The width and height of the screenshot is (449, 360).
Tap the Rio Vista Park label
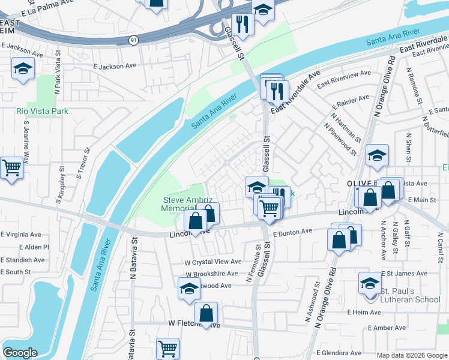tap(42, 111)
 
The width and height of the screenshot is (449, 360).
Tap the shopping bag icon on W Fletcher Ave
tap(206, 313)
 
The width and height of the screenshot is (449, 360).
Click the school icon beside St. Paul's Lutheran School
tap(370, 283)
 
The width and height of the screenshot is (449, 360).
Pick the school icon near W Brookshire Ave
tap(189, 289)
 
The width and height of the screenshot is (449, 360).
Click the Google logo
tap(20, 353)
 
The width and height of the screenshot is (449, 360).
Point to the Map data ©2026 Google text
tap(411, 355)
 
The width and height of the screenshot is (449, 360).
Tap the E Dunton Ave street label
tap(292, 232)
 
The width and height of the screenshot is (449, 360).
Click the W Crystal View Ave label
tap(212, 262)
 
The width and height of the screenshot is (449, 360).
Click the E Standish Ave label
tap(23, 260)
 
